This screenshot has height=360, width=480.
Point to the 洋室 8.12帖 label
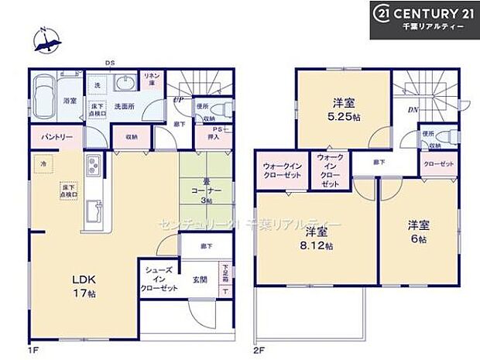tap(318, 238)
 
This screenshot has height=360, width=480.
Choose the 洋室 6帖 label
tap(419, 230)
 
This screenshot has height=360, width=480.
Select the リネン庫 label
tap(151, 78)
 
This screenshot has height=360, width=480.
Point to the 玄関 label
tap(199, 279)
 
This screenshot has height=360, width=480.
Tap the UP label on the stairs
tap(178, 100)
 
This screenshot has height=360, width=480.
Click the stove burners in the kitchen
tap(91, 166)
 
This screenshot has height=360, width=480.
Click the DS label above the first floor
tap(111, 63)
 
